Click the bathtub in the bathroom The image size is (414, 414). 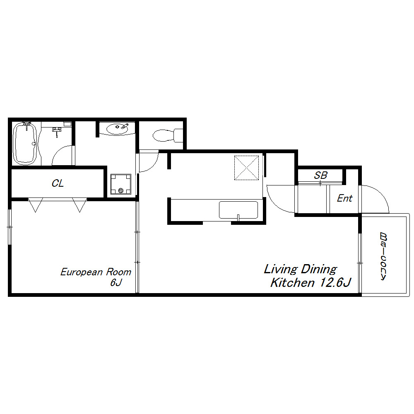coord(25,143)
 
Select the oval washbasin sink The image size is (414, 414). coord(117,129)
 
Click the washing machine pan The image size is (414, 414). coord(120,184)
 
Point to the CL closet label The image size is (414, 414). coord(58,183)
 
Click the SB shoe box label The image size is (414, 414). coord(320,175)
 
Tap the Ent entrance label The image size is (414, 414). coord(344,198)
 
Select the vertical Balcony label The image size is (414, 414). coord(383,256)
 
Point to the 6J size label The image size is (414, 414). coord(116,282)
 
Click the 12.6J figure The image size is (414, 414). coord(335,282)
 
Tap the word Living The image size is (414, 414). coord(281,270)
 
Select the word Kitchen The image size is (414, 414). coord(293,282)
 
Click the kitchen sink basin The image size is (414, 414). coord(238,210)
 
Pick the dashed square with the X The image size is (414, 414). coord(247,168)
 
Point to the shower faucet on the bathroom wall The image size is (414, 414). coord(57,131)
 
